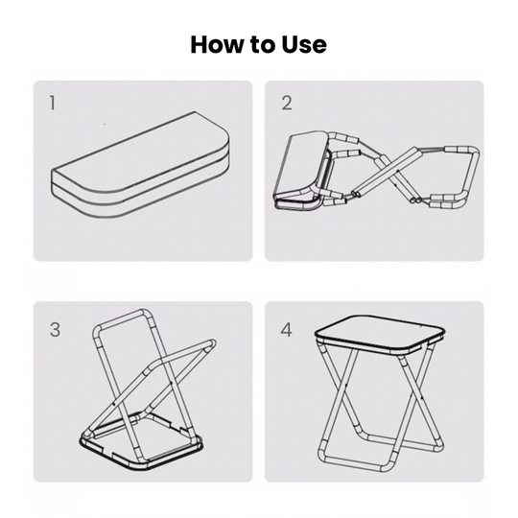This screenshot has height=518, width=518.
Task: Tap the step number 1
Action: (x=52, y=103)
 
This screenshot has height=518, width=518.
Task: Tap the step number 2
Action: (x=287, y=103)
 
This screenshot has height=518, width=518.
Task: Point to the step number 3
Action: (x=55, y=329)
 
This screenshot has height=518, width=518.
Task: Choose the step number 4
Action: (x=287, y=330)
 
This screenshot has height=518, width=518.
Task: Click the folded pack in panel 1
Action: (x=140, y=165)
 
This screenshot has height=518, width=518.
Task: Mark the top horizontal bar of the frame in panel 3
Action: (x=122, y=319)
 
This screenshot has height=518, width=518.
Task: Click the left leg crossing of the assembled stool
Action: (x=344, y=387)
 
